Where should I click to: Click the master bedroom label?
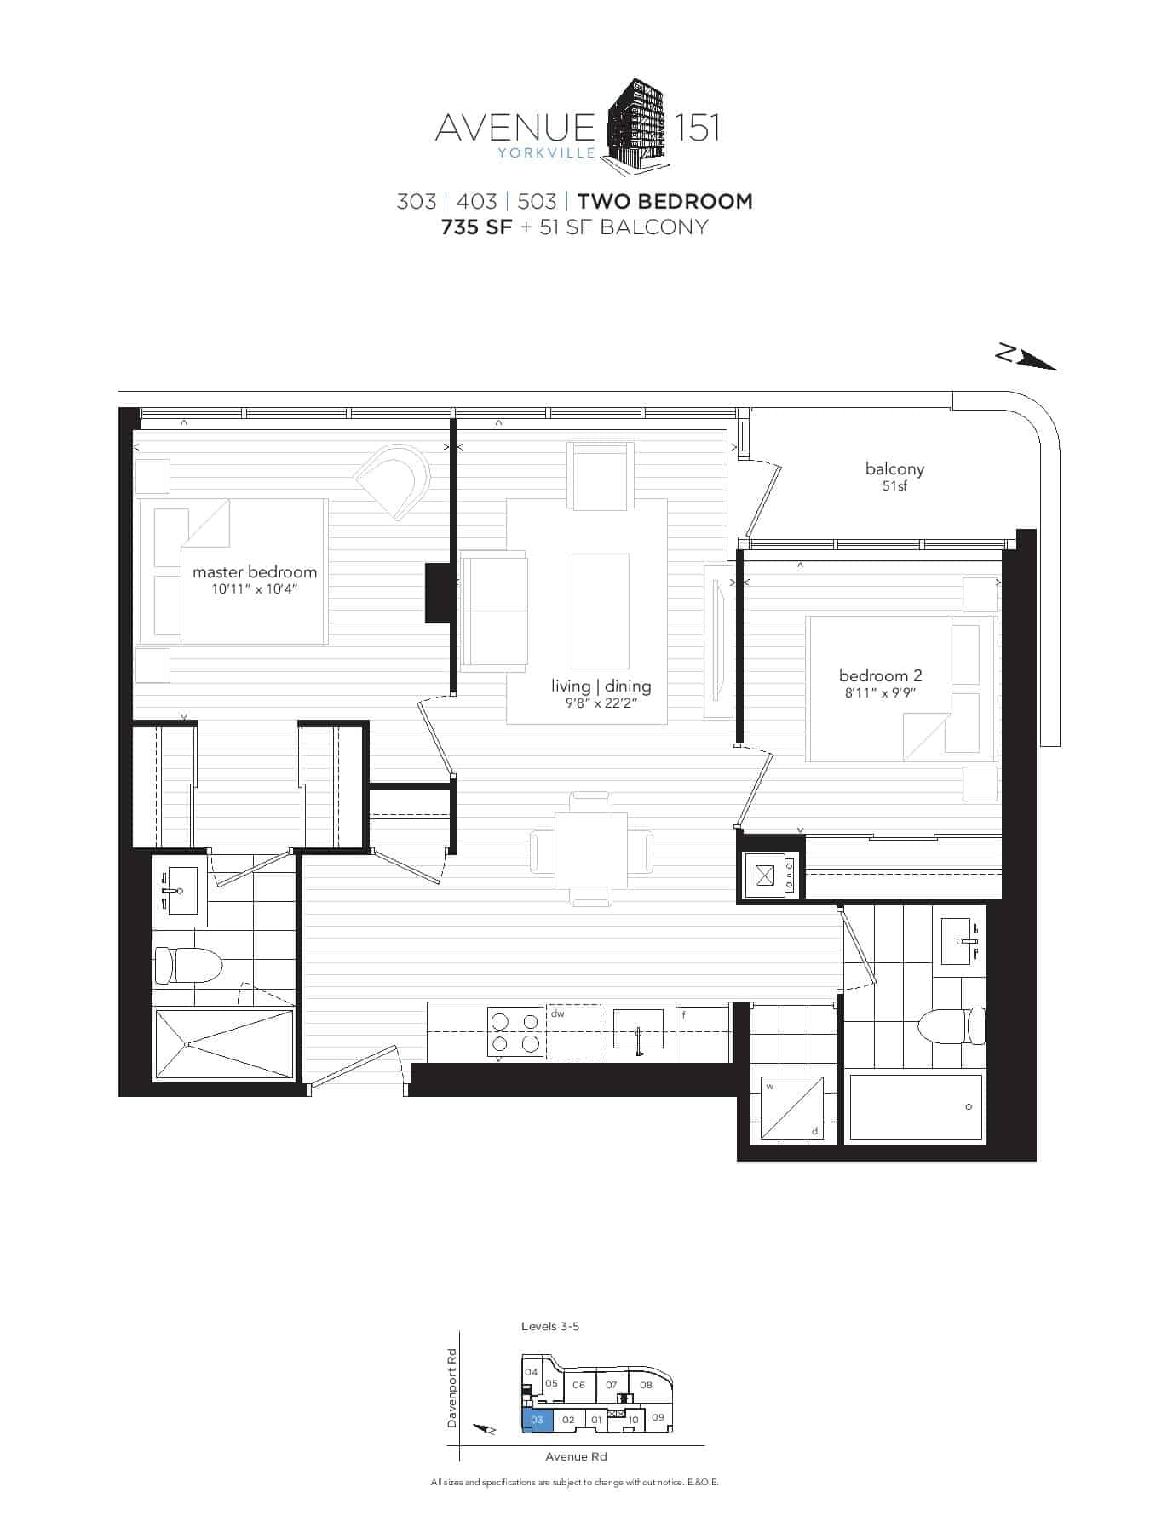pos(254,571)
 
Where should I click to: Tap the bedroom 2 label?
pos(880,675)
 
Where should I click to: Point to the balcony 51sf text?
pos(894,476)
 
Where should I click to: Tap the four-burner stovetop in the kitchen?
pos(515,1031)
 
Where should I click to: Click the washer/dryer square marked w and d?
pos(792,1107)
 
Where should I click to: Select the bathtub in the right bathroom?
pos(916,1106)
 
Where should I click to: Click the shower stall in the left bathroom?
pos(223,1044)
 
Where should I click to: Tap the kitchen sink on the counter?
pos(638,1030)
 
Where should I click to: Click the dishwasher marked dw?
pos(573,1031)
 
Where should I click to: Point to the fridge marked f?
pos(703,1031)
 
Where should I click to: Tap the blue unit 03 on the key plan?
pos(538,1420)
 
